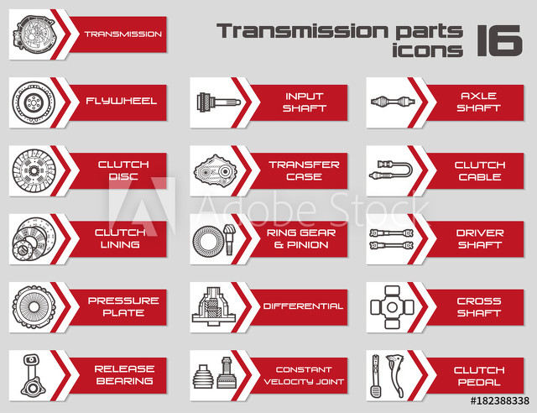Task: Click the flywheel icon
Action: point(34,102)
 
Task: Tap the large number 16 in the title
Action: point(499,40)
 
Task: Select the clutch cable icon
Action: point(391,170)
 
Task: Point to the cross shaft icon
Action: point(392,307)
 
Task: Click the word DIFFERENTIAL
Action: point(303,306)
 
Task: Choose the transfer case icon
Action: point(215,170)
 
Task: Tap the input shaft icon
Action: point(218,102)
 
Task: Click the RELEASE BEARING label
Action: point(124,375)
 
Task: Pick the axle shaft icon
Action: point(393,102)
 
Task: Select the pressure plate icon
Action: point(34,307)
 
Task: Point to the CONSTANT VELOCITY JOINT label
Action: point(304,375)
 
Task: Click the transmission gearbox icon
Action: point(34,34)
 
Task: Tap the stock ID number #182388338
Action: point(500,401)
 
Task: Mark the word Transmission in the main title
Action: point(302,31)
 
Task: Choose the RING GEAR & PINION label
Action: point(301,238)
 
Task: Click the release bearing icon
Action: point(32,375)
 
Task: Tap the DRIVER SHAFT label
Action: point(480,239)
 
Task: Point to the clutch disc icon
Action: point(33,170)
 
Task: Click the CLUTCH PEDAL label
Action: point(479,376)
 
